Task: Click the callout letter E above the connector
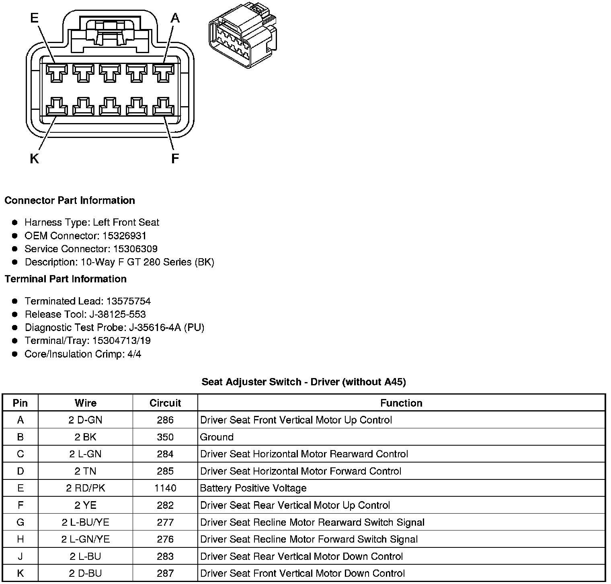pyautogui.click(x=35, y=18)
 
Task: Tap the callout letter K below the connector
pyautogui.click(x=35, y=159)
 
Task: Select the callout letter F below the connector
pyautogui.click(x=175, y=159)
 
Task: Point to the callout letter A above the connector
pyautogui.click(x=175, y=18)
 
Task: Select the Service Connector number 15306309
pyautogui.click(x=135, y=249)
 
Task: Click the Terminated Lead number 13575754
pyautogui.click(x=128, y=301)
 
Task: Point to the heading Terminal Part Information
pyautogui.click(x=66, y=279)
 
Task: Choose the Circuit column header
pyautogui.click(x=165, y=403)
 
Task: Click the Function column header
pyautogui.click(x=401, y=403)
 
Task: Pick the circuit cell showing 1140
pyautogui.click(x=165, y=488)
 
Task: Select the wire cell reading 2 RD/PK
pyautogui.click(x=86, y=488)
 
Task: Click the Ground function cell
pyautogui.click(x=217, y=437)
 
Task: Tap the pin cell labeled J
pyautogui.click(x=21, y=557)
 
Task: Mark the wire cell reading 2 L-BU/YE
pyautogui.click(x=86, y=522)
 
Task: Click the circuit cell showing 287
pyautogui.click(x=165, y=574)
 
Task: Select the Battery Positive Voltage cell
pyautogui.click(x=253, y=488)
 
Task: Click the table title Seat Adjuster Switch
pyautogui.click(x=303, y=382)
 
